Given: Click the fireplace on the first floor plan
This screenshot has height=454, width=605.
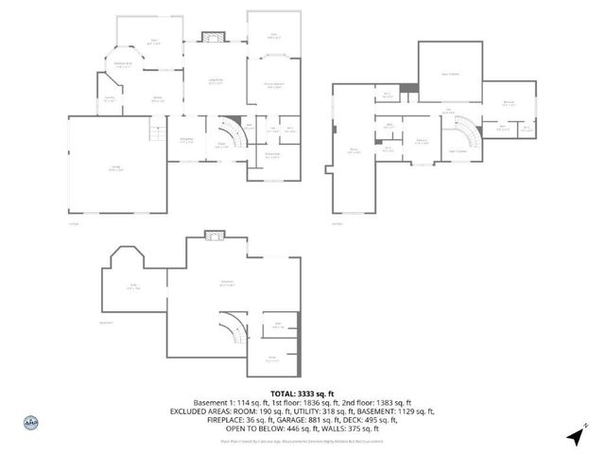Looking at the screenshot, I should pos(214,38).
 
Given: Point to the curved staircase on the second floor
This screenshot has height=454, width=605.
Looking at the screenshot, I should pos(462,130).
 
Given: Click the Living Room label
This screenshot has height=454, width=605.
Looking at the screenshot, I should pos(216,80).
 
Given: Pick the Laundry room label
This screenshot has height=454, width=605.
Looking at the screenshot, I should pos(111,98).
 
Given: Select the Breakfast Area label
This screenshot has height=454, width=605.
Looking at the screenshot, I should pos(124,64).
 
